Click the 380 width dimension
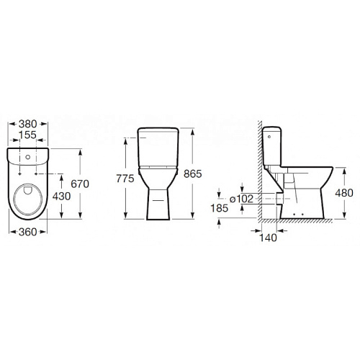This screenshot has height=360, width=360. click(28, 124)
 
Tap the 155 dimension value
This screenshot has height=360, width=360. click(27, 135)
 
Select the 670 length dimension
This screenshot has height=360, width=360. click(80, 184)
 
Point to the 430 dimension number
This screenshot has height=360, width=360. click(62, 197)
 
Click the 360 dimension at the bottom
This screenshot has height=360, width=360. click(28, 232)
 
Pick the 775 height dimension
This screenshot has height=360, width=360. click(125, 179)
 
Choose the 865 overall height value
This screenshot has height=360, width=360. click(193, 174)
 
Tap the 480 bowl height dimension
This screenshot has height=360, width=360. click(344, 193)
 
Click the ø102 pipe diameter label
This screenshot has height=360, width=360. click(241, 199)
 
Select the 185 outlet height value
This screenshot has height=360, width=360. click(220, 208)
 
